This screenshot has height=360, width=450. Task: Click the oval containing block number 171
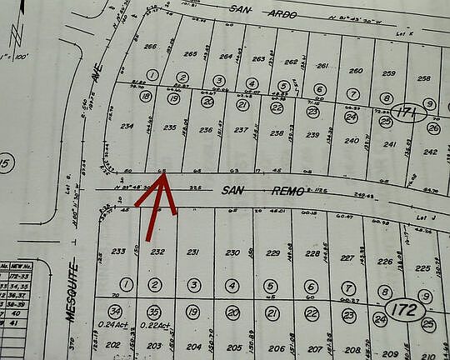406,112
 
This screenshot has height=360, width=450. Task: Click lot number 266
151,47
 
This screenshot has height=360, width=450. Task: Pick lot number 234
127,126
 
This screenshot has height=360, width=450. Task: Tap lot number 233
118,251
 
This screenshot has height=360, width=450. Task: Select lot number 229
272,252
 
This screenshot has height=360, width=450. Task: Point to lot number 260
356,71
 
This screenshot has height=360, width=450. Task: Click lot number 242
429,152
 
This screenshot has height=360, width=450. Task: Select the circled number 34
114,311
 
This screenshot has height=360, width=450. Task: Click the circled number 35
152,312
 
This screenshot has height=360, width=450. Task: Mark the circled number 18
147,97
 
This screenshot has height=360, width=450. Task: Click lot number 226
384,261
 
